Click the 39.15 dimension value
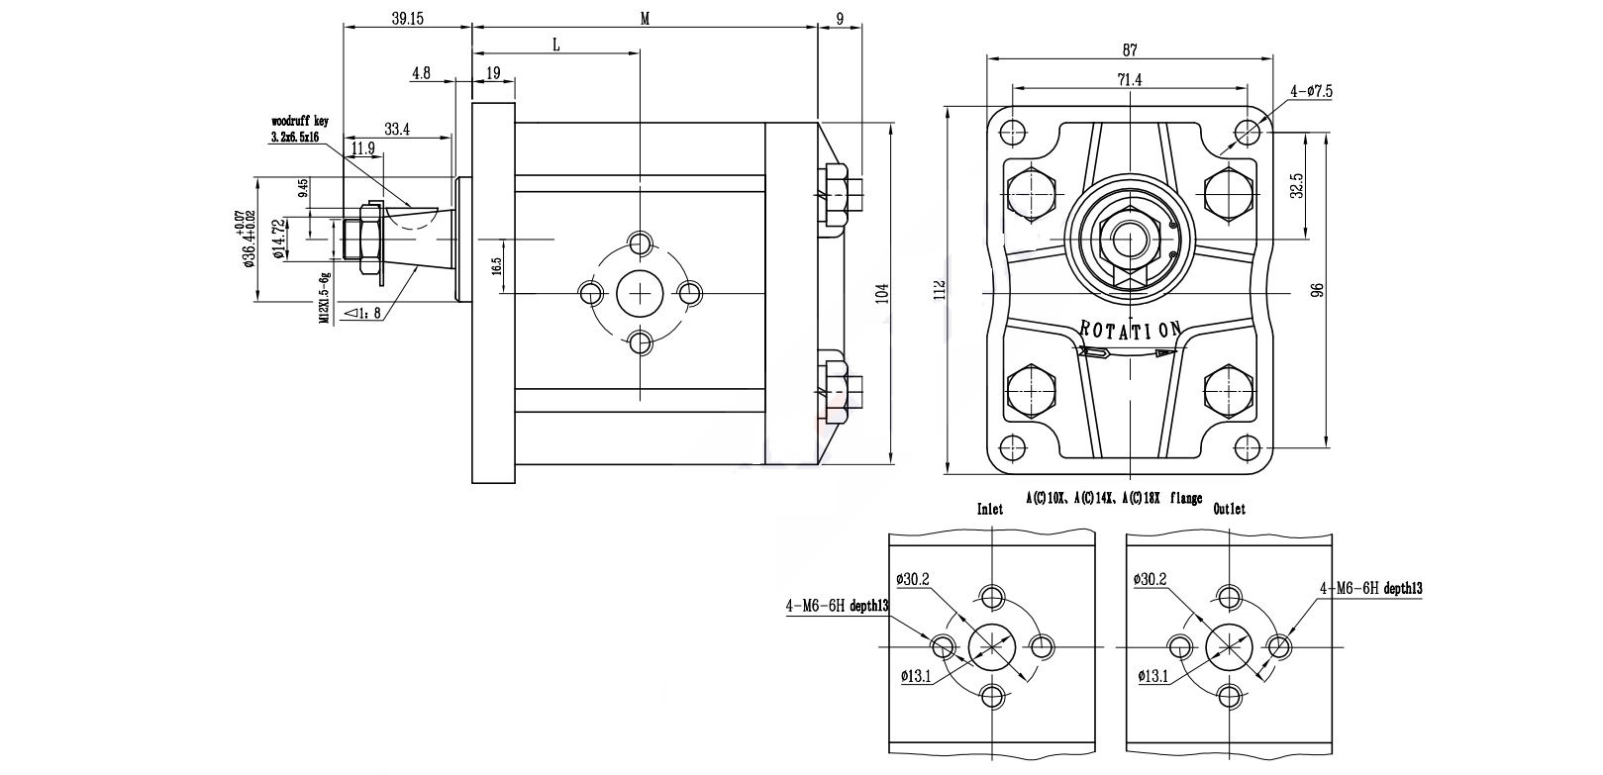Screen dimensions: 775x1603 coord(406,19)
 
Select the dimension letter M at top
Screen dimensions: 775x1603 coord(645,19)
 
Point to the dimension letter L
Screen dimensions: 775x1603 coord(555,45)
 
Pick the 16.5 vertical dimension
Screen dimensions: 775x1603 coord(496,267)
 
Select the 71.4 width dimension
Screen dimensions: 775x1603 coord(1130,81)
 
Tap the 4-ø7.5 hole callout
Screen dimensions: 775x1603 coord(1311,91)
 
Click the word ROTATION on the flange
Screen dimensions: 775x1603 coord(1130,330)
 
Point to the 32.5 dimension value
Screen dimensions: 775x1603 coord(1297,184)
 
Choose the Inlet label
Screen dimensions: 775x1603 coord(990,509)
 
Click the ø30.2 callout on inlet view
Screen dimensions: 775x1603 coord(913,579)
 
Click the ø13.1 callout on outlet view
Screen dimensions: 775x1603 coord(1153,677)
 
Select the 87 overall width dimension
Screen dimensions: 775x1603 coord(1130,49)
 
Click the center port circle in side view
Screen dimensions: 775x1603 coord(641,293)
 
